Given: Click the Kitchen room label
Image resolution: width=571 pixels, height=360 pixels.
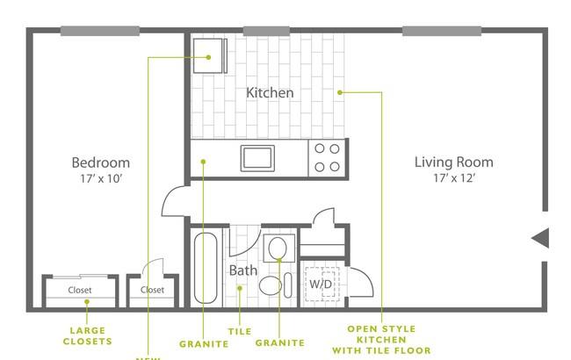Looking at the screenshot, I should pos(270,93).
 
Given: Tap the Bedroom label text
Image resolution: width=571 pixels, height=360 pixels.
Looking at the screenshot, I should pos(100,162).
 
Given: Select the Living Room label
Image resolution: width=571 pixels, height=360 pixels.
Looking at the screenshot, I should pos(453,162).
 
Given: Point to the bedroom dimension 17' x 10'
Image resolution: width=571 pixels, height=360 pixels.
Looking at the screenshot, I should pos(100,179).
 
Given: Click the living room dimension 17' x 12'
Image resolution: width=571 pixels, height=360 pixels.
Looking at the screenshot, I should pos(453,179).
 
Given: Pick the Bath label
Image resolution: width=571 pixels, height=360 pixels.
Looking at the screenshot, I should pos(243,270).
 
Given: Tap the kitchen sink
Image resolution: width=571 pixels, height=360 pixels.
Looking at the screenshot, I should pos(257,158).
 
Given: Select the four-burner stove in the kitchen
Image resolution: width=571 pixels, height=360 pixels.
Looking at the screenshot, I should pos(327,158).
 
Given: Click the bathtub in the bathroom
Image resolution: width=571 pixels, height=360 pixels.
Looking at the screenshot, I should pos(206,268).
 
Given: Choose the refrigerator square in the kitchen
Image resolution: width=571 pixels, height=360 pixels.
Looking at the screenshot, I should pos(209,57).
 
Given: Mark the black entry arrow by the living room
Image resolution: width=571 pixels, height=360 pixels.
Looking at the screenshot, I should pos(540,237).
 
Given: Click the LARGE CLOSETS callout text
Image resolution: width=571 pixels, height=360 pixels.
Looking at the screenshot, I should pos(89,335).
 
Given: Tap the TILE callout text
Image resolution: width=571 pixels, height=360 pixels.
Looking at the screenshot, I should pos(239,332).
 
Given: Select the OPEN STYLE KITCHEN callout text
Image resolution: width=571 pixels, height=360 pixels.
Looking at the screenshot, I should pos(382,338).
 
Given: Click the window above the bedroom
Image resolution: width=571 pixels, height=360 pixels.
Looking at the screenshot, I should pos(99,32).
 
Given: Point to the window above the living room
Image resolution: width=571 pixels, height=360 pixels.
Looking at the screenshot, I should pos(441,32).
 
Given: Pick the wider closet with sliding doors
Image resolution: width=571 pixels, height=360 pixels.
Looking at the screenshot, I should pos(80,290).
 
